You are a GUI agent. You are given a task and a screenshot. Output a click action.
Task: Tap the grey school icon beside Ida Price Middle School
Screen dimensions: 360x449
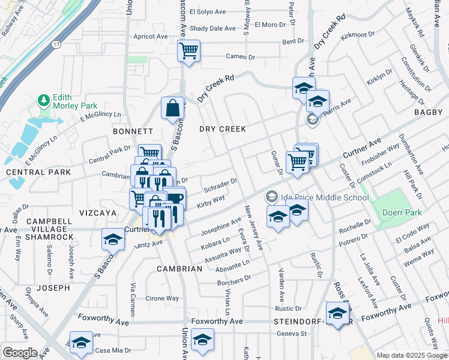click(x=272, y=197)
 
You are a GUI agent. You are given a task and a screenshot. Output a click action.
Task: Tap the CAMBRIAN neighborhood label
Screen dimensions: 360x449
click(x=179, y=269)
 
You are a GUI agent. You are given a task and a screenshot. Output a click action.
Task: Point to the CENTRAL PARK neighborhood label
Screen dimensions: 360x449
click(x=30, y=172)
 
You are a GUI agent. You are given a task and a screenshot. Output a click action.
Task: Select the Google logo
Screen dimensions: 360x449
click(x=19, y=352)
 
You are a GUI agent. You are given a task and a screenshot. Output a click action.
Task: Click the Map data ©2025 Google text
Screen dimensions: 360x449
click(x=412, y=355)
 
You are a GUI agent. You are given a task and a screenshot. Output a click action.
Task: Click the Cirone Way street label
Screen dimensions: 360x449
click(x=163, y=298)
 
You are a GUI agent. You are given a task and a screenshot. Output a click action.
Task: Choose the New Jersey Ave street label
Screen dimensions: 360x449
click(x=253, y=227)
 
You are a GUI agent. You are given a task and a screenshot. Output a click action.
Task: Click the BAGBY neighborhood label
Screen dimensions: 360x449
click(x=428, y=112)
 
